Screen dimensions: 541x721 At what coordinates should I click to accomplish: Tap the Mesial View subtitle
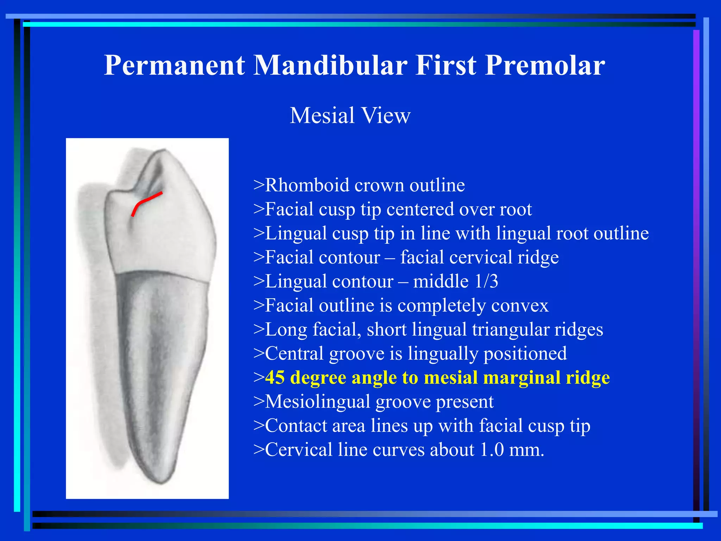point(350,116)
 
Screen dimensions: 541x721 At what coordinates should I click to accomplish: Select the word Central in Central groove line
point(294,354)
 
